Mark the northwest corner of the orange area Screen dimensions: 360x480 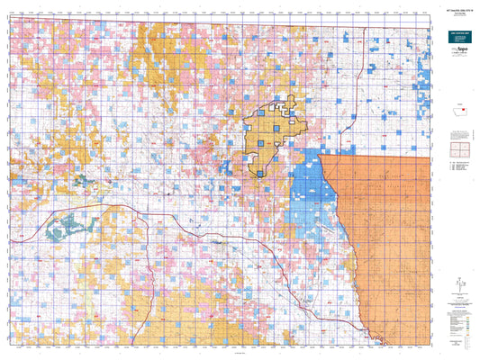(x=321, y=156)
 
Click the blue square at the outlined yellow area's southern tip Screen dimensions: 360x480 (x=260, y=174)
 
